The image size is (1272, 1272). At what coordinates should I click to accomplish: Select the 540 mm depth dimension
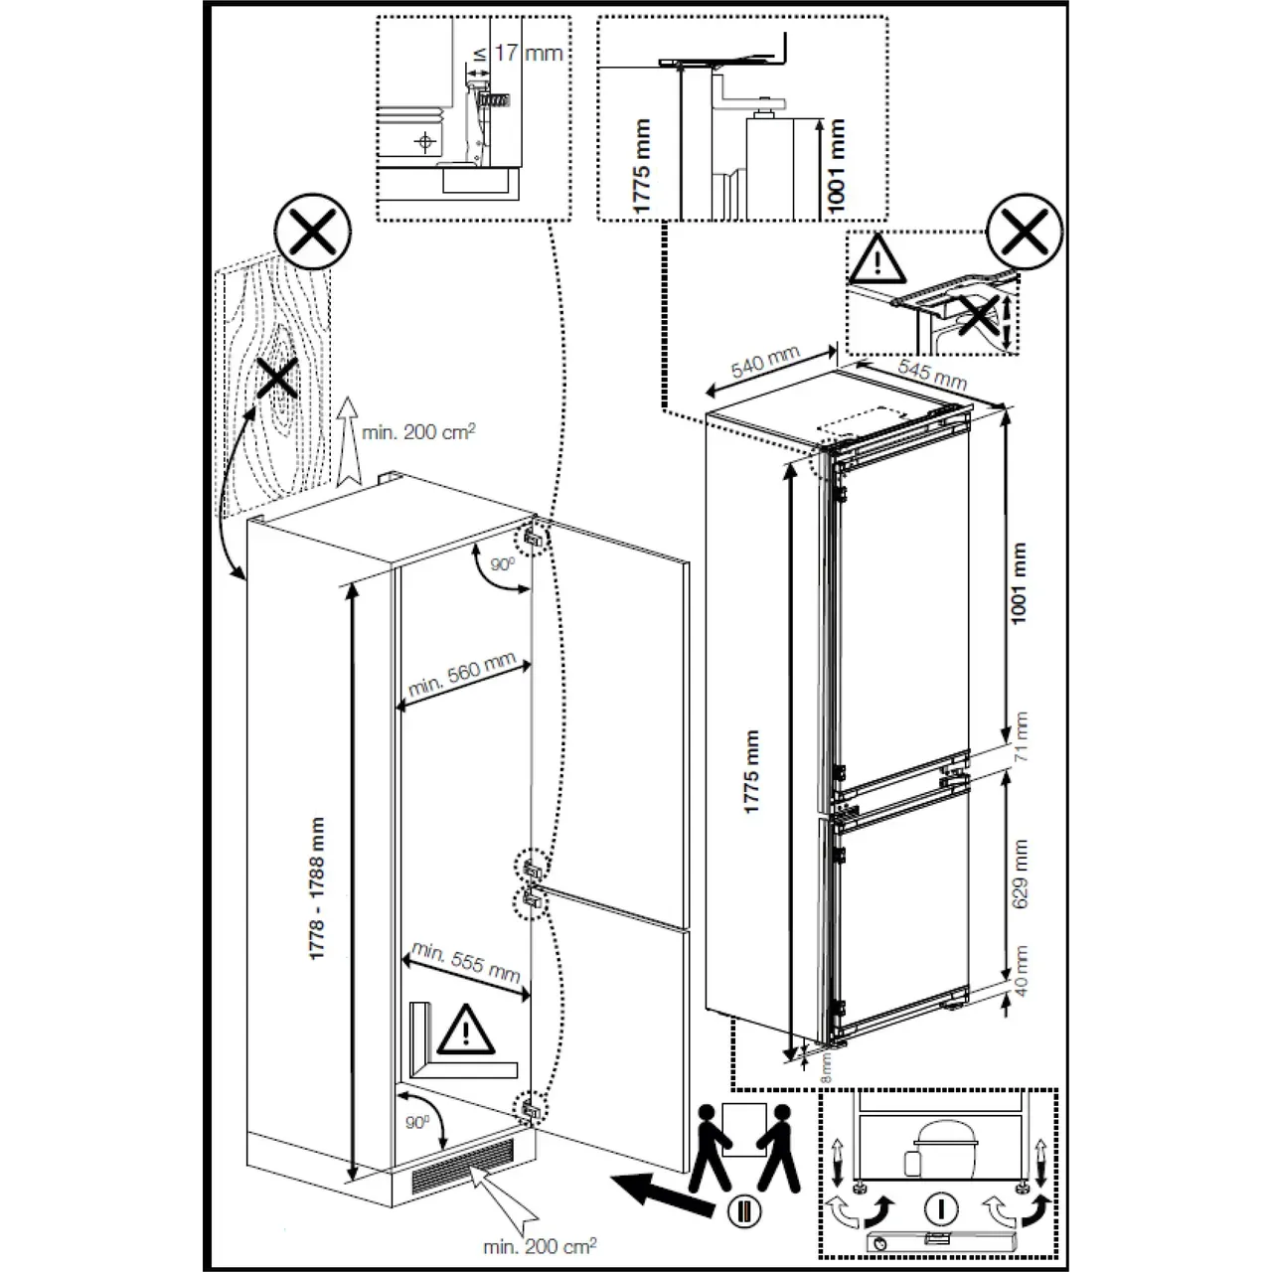(764, 365)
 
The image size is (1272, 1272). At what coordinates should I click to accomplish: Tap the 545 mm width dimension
(932, 373)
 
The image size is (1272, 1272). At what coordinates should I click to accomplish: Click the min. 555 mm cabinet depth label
(465, 962)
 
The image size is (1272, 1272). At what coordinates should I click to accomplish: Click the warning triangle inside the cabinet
(462, 1031)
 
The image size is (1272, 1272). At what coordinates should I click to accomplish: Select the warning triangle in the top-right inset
(876, 259)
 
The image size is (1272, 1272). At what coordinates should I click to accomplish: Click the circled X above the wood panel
(313, 232)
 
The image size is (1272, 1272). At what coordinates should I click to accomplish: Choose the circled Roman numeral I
(940, 1209)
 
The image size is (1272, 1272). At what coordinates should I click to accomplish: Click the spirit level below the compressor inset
(940, 1241)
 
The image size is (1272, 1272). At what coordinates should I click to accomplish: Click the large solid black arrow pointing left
(661, 1191)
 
